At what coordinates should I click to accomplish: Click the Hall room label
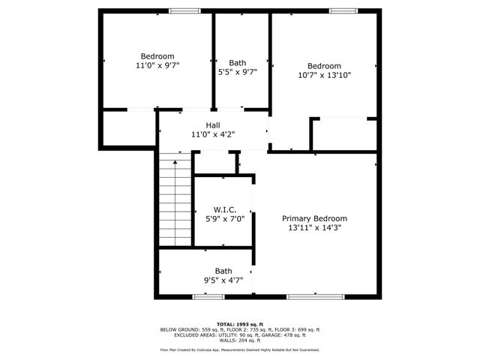(x=213, y=125)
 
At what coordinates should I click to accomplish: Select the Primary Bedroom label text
(x=314, y=218)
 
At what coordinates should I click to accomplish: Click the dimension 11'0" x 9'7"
(x=157, y=66)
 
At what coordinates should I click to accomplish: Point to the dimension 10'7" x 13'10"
(x=324, y=75)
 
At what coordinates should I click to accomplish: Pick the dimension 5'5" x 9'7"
(x=237, y=73)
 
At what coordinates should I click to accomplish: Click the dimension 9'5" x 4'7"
(x=223, y=280)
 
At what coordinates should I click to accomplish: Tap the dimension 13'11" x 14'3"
(x=314, y=228)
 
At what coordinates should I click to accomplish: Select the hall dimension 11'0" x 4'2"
(x=213, y=135)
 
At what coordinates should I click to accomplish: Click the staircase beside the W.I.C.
(x=175, y=200)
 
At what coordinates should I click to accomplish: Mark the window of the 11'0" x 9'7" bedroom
(x=184, y=11)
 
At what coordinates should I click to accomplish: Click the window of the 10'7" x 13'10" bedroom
(x=343, y=11)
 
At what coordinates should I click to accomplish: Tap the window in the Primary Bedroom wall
(x=314, y=297)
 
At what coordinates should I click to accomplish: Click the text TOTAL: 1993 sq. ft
(x=240, y=324)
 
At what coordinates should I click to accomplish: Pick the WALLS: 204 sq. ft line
(x=240, y=340)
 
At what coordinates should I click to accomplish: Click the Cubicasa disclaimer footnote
(x=240, y=350)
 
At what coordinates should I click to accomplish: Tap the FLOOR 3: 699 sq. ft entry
(x=296, y=330)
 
